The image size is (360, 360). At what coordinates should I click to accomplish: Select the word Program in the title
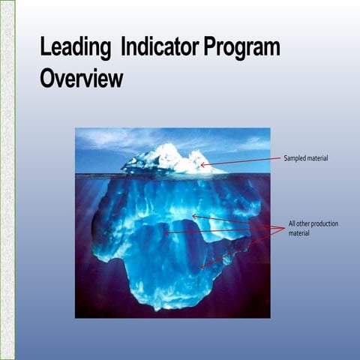241,49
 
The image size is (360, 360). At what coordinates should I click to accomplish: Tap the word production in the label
325,224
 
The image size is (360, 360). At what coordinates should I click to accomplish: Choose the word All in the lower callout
292,224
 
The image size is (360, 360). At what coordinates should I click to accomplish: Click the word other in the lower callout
304,224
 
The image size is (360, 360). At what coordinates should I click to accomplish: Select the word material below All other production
299,233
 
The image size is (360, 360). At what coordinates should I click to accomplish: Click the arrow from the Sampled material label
240,162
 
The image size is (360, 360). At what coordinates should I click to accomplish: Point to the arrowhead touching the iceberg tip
202,165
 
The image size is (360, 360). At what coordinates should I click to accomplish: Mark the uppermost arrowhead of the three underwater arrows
194,216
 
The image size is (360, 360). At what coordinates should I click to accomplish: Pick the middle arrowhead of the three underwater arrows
166,232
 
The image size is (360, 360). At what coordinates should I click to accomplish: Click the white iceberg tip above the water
169,159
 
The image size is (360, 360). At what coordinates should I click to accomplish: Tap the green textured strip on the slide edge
7,180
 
